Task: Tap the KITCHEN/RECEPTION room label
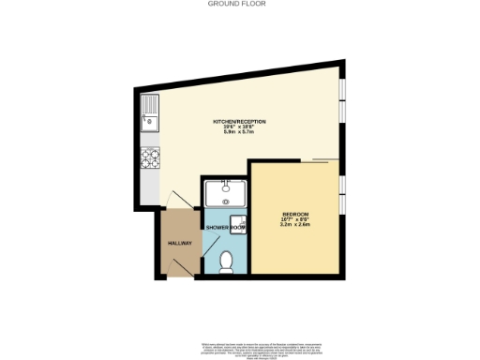(240, 123)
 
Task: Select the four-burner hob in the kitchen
(150, 159)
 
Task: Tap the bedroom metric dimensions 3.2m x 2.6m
(296, 225)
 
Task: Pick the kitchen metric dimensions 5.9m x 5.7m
(240, 134)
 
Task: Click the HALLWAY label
(179, 243)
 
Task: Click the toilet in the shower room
(226, 262)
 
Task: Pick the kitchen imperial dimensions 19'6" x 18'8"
(240, 128)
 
